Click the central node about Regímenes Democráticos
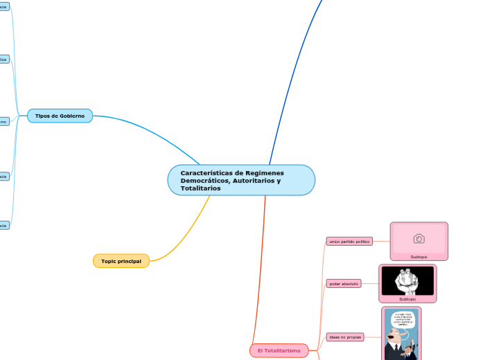[241, 180]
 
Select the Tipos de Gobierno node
[60, 116]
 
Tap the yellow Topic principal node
[121, 261]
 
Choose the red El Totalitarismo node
[279, 351]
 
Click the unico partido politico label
[349, 242]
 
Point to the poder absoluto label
[344, 284]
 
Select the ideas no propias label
[344, 336]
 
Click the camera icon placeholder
[419, 238]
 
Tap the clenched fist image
[407, 281]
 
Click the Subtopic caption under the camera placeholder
[419, 257]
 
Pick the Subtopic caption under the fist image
[407, 299]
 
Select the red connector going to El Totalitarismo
[265, 277]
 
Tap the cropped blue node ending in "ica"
[3, 60]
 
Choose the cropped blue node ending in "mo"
[3, 122]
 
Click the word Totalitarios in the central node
[200, 188]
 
